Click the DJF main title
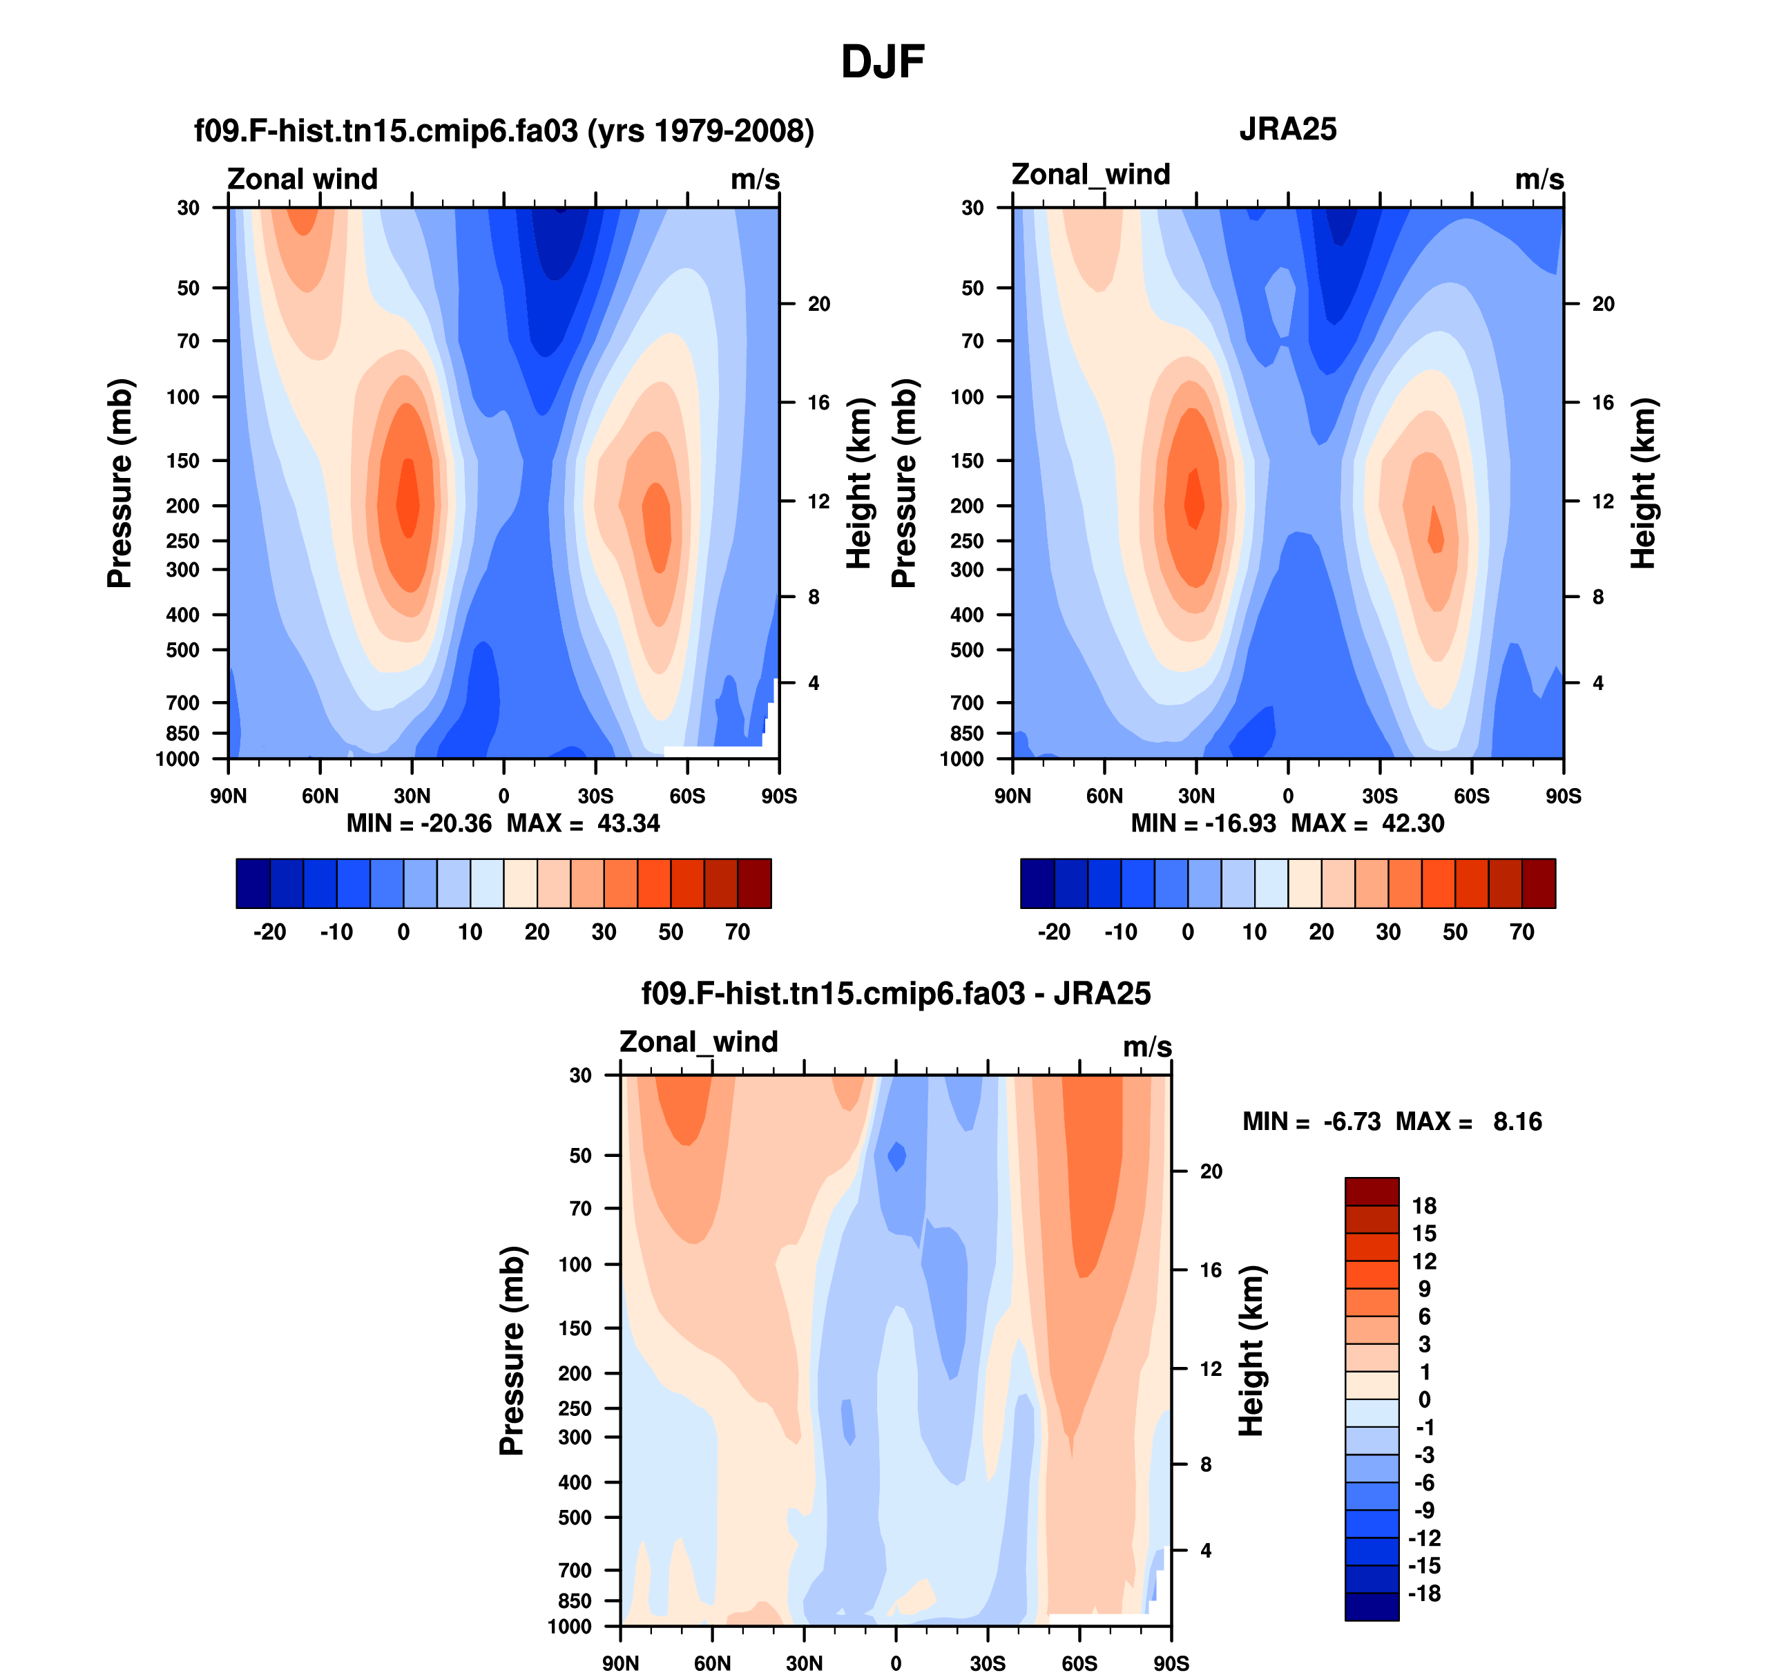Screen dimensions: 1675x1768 pyautogui.click(x=882, y=62)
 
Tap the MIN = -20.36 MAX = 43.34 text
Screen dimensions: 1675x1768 pyautogui.click(x=503, y=823)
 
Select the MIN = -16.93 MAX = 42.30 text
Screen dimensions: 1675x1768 pyautogui.click(x=1287, y=823)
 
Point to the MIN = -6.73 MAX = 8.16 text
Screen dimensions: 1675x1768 pyautogui.click(x=1392, y=1122)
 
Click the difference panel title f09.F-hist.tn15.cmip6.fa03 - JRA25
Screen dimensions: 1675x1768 pyautogui.click(x=896, y=994)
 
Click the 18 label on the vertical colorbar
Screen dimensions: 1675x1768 pyautogui.click(x=1424, y=1206)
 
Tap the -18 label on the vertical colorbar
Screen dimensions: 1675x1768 pyautogui.click(x=1424, y=1593)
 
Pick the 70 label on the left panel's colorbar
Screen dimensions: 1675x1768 pyautogui.click(x=738, y=932)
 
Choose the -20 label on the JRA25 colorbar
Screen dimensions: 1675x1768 pyautogui.click(x=1054, y=932)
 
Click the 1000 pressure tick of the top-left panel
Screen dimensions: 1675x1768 pyautogui.click(x=177, y=760)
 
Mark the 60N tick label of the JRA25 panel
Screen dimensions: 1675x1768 pyautogui.click(x=1104, y=796)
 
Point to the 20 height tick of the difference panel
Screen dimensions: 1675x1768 pyautogui.click(x=1211, y=1171)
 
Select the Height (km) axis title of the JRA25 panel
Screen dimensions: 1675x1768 pyautogui.click(x=1643, y=483)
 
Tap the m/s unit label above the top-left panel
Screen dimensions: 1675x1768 pyautogui.click(x=755, y=180)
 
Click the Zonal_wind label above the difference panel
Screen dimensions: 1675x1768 pyautogui.click(x=698, y=1042)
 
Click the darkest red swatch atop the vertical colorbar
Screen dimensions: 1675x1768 pyautogui.click(x=1372, y=1191)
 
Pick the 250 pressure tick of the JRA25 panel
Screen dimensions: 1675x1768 pyautogui.click(x=967, y=541)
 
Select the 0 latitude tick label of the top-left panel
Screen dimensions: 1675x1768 pyautogui.click(x=503, y=796)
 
